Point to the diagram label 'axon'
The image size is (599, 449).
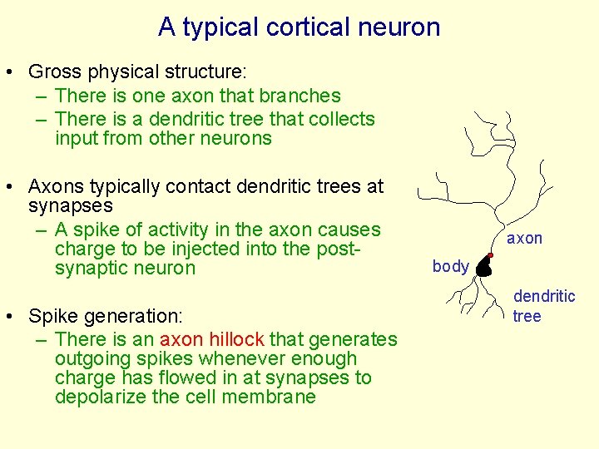click(524, 239)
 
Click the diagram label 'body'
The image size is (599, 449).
click(450, 267)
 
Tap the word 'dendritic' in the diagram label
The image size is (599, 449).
click(544, 296)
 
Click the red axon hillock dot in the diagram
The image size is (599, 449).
click(492, 255)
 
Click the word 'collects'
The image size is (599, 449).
click(341, 119)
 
